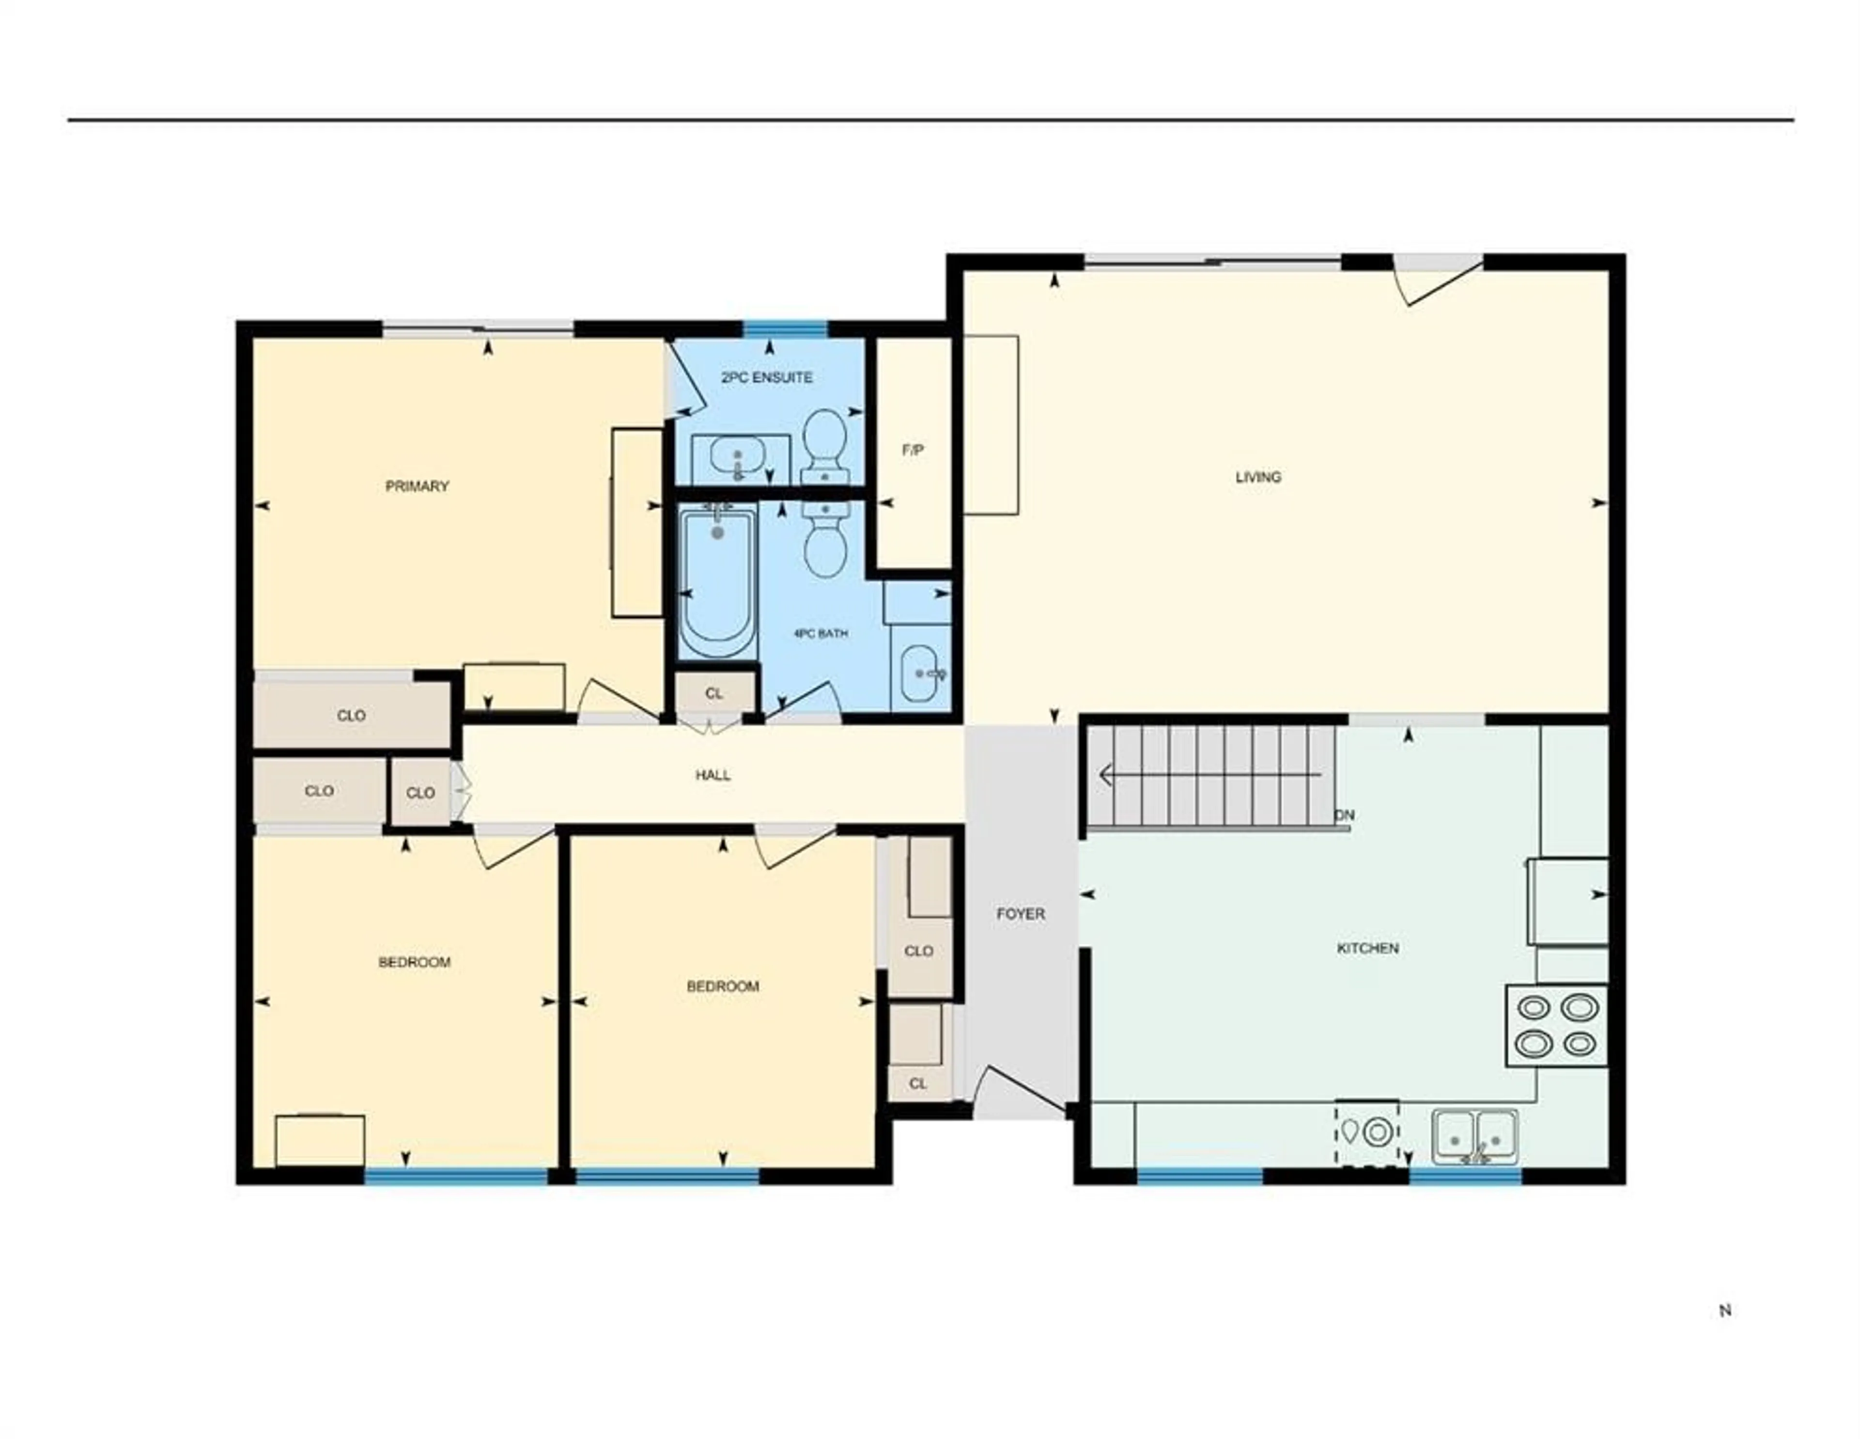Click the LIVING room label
pos(1258,477)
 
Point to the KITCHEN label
pos(1368,948)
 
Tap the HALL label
pos(713,775)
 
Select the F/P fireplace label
pos(913,450)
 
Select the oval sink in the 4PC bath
pos(920,673)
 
